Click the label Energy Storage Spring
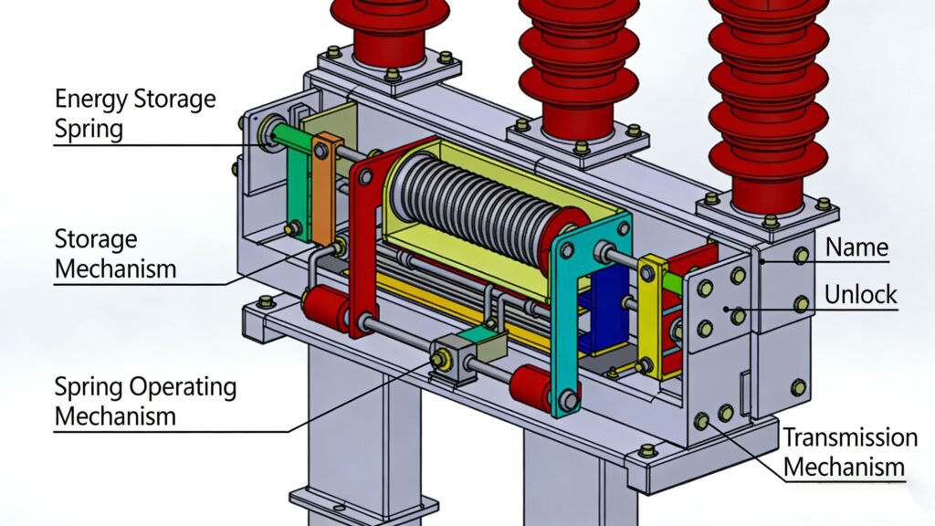click(x=135, y=113)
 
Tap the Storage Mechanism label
click(x=115, y=255)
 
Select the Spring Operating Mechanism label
click(x=144, y=401)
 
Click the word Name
click(x=856, y=247)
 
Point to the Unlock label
click(x=860, y=295)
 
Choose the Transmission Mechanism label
click(x=849, y=452)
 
